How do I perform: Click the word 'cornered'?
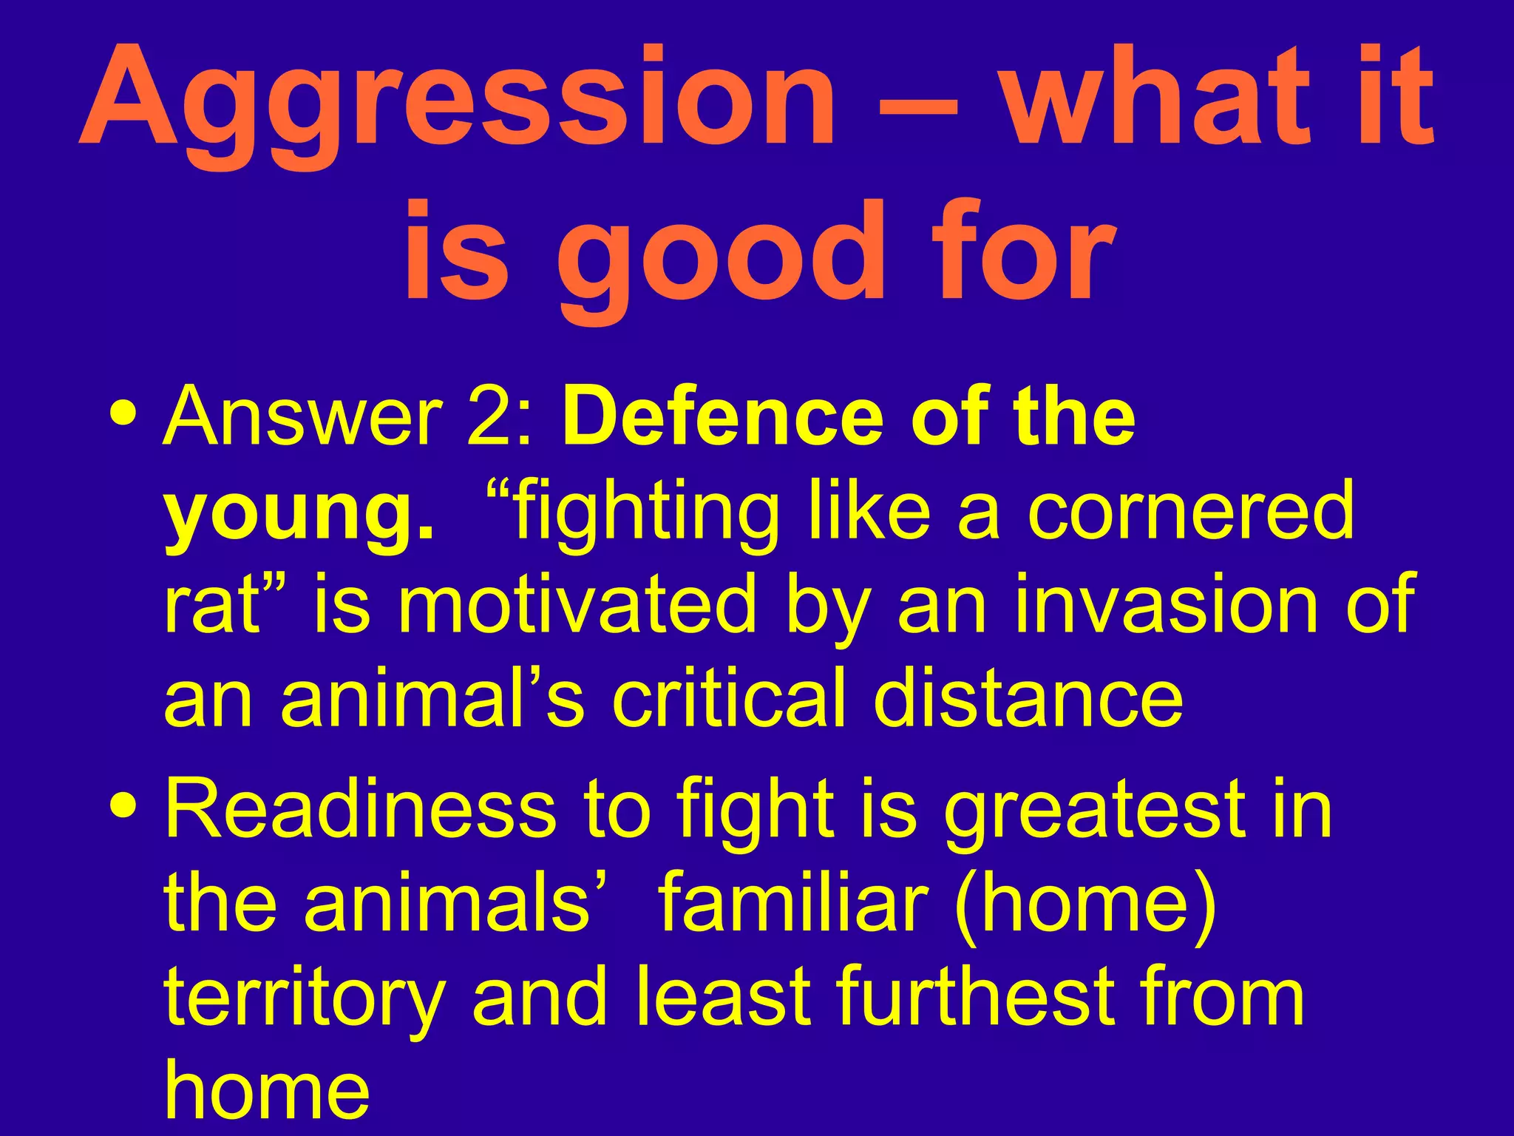coord(1190,510)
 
